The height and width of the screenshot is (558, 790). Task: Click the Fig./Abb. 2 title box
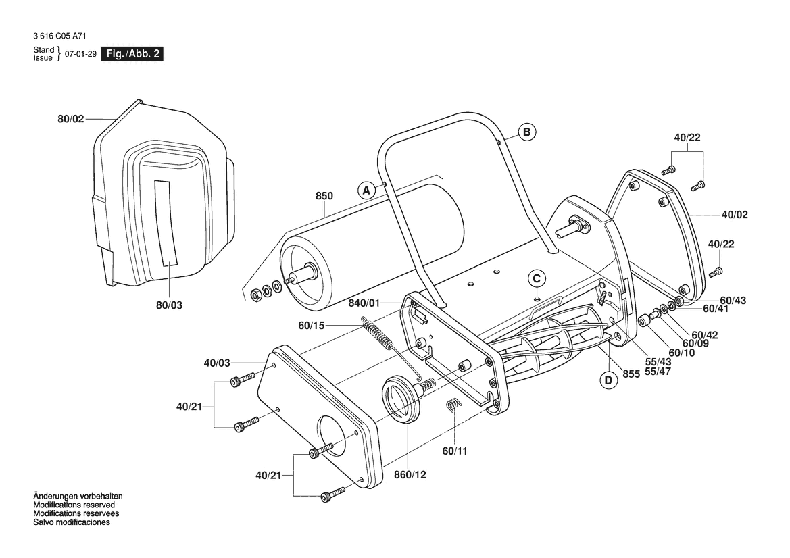coord(132,54)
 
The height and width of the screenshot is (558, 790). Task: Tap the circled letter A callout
coord(366,191)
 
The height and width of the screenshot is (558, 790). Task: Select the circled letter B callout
coord(527,132)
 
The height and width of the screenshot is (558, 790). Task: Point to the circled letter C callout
coord(537,278)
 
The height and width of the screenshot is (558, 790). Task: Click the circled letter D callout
coord(609,380)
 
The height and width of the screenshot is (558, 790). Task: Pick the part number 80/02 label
coord(71,120)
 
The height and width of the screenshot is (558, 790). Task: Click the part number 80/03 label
coord(169,305)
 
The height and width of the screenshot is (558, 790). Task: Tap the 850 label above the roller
coord(324,196)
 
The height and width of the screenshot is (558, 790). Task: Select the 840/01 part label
coord(364,303)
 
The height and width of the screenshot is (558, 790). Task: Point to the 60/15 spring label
coord(312,326)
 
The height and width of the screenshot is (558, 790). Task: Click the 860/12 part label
coord(410,474)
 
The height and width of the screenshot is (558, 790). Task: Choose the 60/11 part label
coord(455,451)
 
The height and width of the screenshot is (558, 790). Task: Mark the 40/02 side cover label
coord(735,215)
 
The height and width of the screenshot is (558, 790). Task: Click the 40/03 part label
coord(217,363)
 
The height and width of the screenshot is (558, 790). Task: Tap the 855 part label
coord(631,374)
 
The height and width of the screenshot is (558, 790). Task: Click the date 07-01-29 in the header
coord(80,54)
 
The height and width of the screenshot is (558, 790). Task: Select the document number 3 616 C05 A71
coord(59,36)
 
